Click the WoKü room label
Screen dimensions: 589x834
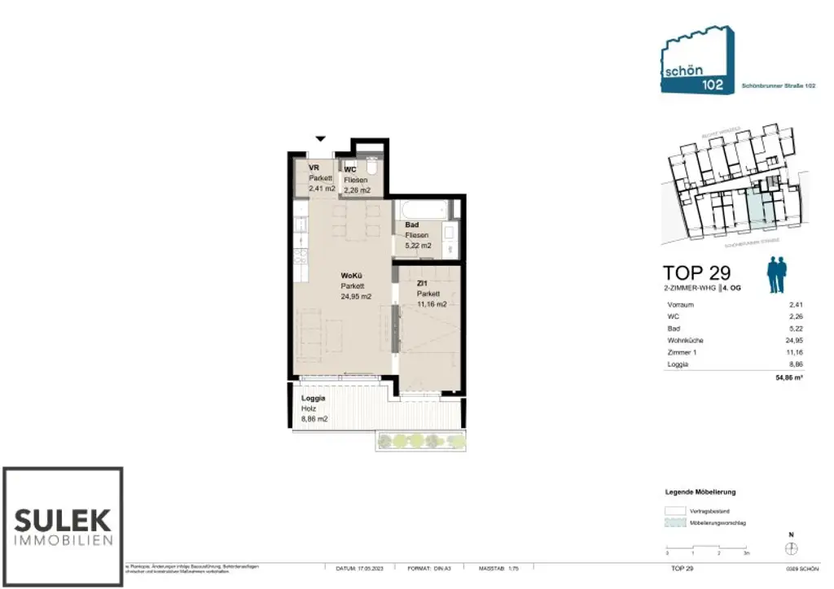coord(351,277)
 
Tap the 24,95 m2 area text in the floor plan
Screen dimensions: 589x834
coord(356,297)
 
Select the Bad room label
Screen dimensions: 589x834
coord(412,225)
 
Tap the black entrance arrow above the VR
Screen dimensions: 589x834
coord(321,139)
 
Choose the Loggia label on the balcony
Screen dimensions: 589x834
coord(314,399)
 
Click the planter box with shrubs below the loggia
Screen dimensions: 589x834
coord(421,441)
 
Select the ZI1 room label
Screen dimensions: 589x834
coord(424,284)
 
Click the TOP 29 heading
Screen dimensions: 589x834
coord(696,273)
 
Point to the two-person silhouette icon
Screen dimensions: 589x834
coord(779,275)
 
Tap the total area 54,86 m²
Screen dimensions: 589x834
coord(788,378)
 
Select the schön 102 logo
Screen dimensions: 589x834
coord(696,61)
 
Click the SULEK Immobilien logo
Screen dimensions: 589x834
coord(63,527)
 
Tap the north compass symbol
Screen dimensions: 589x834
coord(790,548)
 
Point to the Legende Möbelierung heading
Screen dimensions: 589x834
coord(700,492)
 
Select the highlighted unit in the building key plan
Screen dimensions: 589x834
coord(757,210)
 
